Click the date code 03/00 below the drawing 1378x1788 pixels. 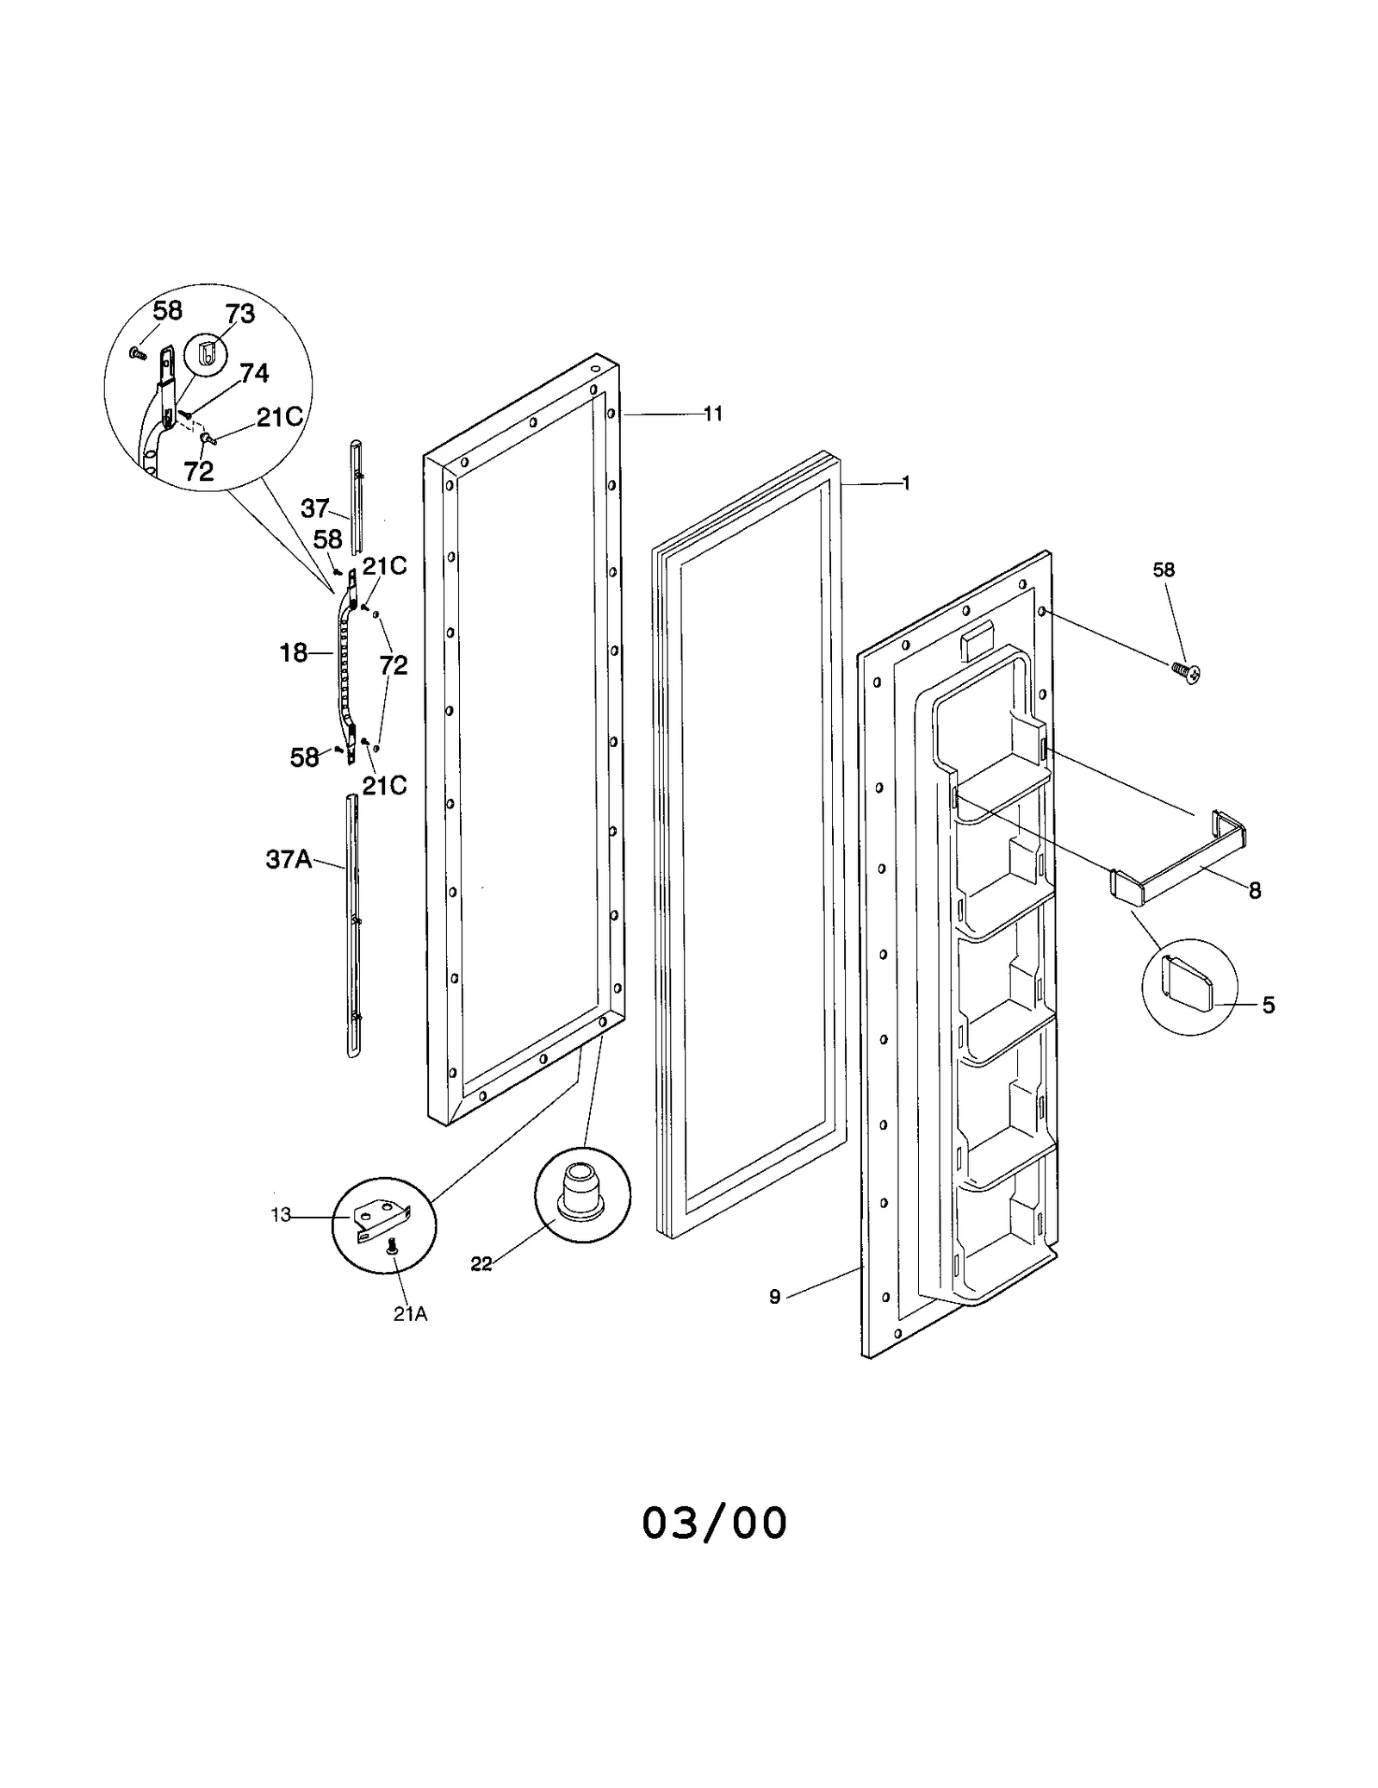tap(714, 1523)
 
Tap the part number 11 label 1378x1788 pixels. tap(712, 414)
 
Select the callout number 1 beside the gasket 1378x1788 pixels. tap(905, 483)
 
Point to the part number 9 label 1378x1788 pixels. tap(774, 1321)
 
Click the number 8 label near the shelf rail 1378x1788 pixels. tap(1255, 891)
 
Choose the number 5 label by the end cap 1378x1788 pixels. tap(1268, 1005)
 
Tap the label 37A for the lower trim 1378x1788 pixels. tap(289, 859)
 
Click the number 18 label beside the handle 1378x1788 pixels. tap(294, 653)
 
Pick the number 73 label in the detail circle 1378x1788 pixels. tap(240, 315)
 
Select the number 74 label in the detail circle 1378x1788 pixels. tap(254, 373)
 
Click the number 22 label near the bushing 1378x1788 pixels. tap(481, 1264)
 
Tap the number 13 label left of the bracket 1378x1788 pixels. tap(281, 1215)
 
